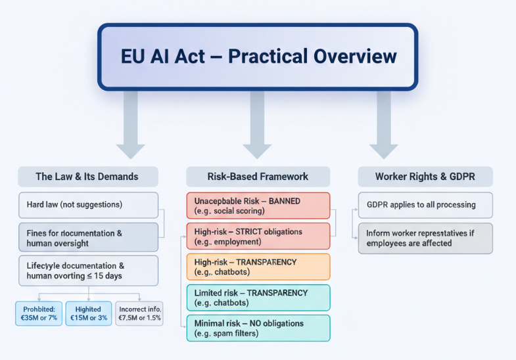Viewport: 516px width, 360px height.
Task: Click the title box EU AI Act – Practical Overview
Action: (x=258, y=56)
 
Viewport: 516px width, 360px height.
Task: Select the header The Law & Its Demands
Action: (x=87, y=176)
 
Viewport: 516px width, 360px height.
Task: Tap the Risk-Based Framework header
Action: (x=258, y=176)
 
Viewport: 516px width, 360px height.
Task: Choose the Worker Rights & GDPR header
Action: (x=425, y=176)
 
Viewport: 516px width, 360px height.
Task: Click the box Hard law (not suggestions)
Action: (x=87, y=204)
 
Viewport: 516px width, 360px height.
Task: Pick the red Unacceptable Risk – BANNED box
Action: (x=258, y=205)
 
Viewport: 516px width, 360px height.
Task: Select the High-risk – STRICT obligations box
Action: (x=258, y=236)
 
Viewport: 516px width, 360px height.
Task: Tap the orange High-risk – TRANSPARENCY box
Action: (x=258, y=267)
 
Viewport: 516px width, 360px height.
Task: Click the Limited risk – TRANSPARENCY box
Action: (x=258, y=298)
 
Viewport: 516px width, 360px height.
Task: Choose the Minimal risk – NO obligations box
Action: (x=258, y=328)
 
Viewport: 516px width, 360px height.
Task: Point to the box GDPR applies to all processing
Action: (x=425, y=204)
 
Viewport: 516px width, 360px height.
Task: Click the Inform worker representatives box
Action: (x=425, y=238)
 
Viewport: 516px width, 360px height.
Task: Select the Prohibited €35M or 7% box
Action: (x=38, y=313)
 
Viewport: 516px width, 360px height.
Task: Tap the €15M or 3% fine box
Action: (x=88, y=313)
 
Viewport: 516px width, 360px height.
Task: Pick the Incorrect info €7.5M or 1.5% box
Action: (x=139, y=313)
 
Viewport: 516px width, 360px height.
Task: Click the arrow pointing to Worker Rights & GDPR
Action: (x=383, y=125)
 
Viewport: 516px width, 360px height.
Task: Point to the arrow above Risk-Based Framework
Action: (x=257, y=125)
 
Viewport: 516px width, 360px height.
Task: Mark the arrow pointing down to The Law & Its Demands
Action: (x=131, y=125)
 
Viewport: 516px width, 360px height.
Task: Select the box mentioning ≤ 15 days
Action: (x=87, y=271)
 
